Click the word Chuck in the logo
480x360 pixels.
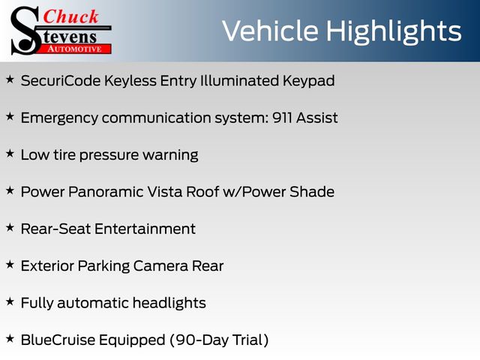(x=70, y=16)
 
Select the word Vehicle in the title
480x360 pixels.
(x=270, y=31)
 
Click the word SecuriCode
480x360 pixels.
(x=61, y=81)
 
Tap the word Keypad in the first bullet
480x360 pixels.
(x=308, y=82)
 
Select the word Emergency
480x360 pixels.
(x=59, y=118)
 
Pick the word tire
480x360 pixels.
(x=64, y=154)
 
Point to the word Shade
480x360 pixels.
(x=312, y=192)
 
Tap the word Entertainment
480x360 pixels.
(x=145, y=229)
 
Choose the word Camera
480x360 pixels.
(x=160, y=265)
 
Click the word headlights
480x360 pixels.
(x=169, y=303)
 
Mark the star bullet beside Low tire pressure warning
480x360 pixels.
(x=10, y=153)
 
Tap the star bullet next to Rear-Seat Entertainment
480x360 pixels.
(x=10, y=227)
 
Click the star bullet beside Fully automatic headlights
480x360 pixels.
(x=10, y=301)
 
